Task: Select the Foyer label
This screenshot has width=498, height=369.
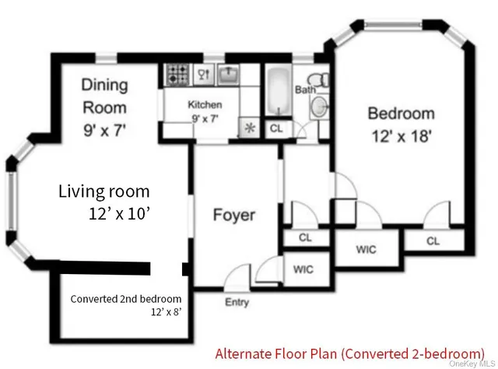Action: [x=233, y=215]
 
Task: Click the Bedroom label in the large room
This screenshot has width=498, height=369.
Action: [x=401, y=114]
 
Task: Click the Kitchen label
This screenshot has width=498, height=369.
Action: [x=205, y=105]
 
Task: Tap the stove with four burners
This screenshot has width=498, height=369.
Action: [x=176, y=75]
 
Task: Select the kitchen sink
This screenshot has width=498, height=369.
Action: [x=226, y=75]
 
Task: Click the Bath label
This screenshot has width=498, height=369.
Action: [x=304, y=90]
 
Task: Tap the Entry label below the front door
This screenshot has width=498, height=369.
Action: [x=237, y=302]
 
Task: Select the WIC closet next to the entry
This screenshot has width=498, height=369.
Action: [x=303, y=269]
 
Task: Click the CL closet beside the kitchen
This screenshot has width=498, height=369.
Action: [x=275, y=129]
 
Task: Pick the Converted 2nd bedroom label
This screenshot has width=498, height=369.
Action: [x=126, y=299]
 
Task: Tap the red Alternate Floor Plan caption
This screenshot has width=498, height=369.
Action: [x=349, y=351]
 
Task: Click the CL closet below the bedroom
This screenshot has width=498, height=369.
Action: [x=433, y=241]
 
